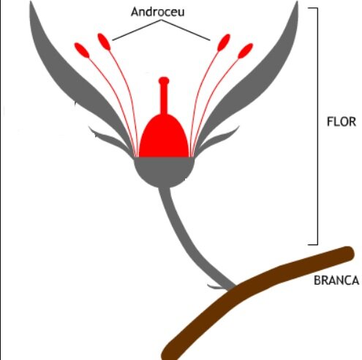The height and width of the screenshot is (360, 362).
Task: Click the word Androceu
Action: coord(157,12)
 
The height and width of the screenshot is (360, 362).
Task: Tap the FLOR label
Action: coord(341,121)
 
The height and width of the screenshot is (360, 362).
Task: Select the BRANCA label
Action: coord(336,280)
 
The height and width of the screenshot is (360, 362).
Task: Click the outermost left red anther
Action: coord(82,50)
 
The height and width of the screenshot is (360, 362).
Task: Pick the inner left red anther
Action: coord(104,42)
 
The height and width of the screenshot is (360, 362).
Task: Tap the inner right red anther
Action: coord(224,42)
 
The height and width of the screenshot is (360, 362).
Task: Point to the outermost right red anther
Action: coord(245,51)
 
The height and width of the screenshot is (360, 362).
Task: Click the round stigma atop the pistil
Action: coord(164,80)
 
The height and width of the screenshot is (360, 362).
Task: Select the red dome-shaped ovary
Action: coord(164,138)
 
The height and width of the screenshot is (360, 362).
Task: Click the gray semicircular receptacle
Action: coord(164,170)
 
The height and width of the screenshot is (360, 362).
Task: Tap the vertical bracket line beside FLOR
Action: coord(317,126)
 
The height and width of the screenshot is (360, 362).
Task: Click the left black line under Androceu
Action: coord(137,30)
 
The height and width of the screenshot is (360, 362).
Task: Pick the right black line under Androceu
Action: coord(186,30)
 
